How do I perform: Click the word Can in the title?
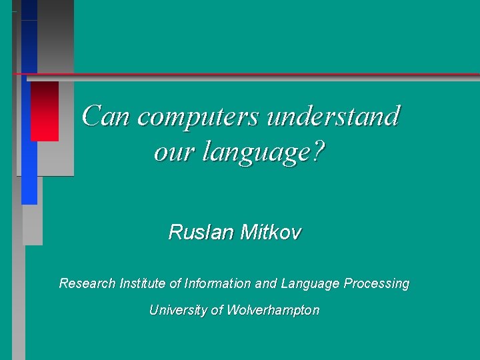coord(107,116)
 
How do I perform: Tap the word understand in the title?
coord(333,116)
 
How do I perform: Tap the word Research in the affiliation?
coord(87,283)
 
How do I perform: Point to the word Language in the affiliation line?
coord(311,283)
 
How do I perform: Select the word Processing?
coord(377,283)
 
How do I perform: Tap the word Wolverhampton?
coord(273,310)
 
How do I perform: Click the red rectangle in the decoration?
coord(44,111)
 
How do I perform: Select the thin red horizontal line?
coord(267,73)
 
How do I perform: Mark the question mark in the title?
coord(318,153)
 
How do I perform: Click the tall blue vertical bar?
coord(29,133)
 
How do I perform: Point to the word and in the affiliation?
coord(266,283)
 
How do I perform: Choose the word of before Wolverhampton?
coord(217,310)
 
